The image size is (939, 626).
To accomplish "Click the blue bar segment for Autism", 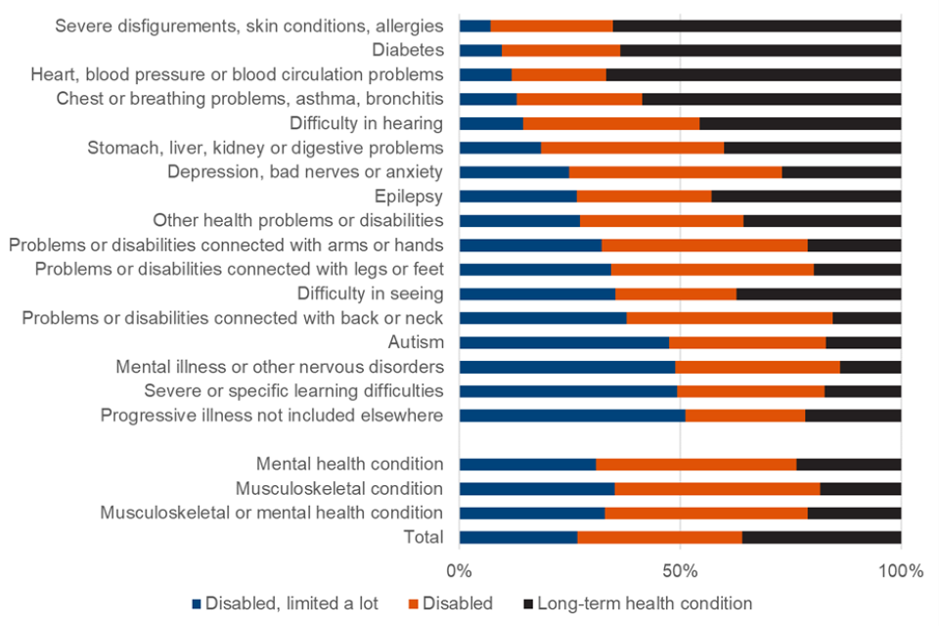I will pos(563,342).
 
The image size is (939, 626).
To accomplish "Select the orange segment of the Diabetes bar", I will pos(560,50).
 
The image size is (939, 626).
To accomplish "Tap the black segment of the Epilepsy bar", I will pos(806,196).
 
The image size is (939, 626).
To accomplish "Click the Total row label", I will pos(423,537).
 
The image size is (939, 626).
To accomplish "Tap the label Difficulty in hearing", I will pos(366,123).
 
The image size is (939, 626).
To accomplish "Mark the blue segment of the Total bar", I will pos(518,537).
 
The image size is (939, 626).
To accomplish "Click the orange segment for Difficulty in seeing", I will pos(676,293).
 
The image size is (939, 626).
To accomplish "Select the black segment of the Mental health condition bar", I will pos(849,464).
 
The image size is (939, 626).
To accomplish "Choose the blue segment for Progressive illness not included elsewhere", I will pos(572,416).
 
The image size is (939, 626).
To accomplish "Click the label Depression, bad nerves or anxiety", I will pos(305,172).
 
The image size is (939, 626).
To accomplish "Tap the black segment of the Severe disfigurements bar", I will pos(757,25).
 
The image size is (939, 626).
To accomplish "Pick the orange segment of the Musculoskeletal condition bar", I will pos(717,488).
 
